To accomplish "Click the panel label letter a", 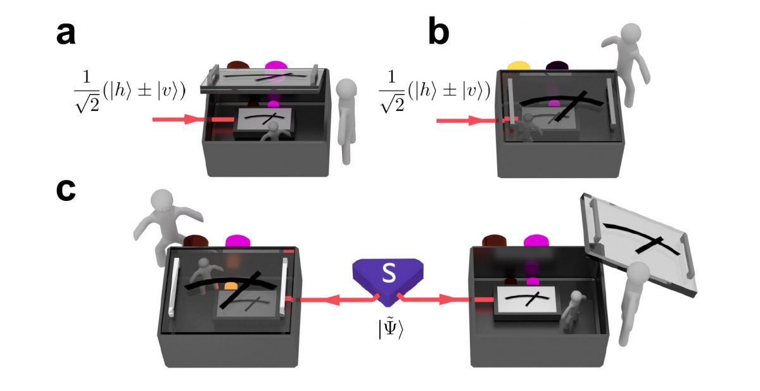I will coord(65,35).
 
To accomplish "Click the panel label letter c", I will coord(65,191).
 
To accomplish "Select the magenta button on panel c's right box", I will coord(535,241).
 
